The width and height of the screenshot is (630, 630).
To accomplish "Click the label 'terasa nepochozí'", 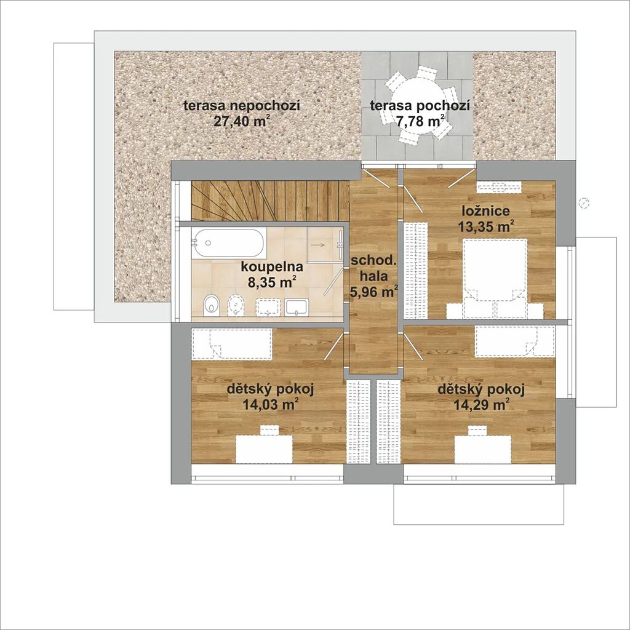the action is pyautogui.click(x=242, y=106).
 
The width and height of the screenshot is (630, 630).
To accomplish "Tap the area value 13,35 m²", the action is pyautogui.click(x=486, y=226).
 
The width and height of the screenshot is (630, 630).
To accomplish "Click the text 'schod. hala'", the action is pyautogui.click(x=374, y=268).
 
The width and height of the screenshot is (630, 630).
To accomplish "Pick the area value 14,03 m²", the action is pyautogui.click(x=271, y=404).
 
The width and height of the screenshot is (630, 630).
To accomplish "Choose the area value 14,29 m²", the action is pyautogui.click(x=481, y=404).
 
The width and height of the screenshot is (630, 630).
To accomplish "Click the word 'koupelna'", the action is pyautogui.click(x=272, y=267).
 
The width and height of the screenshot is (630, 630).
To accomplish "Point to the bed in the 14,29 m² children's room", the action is pyautogui.click(x=515, y=341).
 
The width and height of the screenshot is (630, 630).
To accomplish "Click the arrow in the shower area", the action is pyautogui.click(x=319, y=244).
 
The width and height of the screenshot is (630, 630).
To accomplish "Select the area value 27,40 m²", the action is pyautogui.click(x=241, y=121).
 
